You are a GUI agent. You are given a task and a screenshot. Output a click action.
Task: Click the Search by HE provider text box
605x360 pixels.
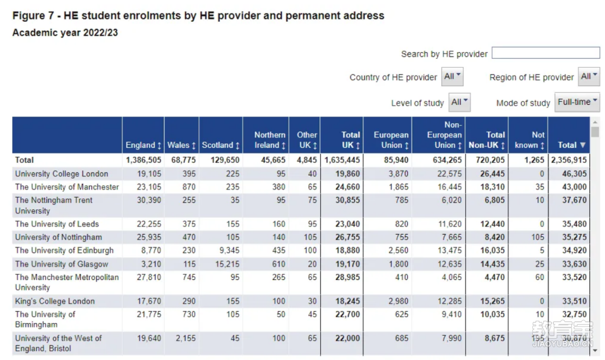coord(546,53)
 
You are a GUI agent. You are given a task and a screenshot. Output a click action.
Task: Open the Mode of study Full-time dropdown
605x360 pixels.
coord(577,102)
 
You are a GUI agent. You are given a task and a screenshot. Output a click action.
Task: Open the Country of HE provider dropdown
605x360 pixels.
coord(452,77)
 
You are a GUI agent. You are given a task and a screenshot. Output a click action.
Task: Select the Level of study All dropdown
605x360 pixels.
coord(459,102)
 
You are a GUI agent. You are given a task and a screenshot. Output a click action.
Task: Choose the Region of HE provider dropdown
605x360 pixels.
coord(589,77)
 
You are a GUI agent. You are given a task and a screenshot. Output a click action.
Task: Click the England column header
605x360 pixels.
coord(143,146)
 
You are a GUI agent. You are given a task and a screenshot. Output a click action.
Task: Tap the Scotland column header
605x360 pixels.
coord(221,146)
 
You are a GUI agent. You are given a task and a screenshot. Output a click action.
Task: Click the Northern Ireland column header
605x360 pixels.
coord(269,140)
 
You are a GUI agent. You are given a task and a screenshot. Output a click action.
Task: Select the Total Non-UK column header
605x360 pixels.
coord(487,140)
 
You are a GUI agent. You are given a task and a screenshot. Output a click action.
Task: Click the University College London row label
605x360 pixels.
coord(62,174)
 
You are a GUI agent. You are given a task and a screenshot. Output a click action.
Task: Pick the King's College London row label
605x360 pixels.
coord(55,301)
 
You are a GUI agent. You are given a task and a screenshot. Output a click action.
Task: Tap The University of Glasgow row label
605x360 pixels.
coord(62,264)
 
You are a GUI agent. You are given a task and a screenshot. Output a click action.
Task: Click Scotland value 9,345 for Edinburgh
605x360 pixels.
coord(229,250)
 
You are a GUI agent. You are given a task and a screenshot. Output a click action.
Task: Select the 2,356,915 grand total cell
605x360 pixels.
coord(569,160)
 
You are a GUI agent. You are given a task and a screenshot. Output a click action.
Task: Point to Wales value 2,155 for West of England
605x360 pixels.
coord(185,338)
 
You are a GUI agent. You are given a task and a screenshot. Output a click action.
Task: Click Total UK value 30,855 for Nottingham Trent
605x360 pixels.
coord(347,200)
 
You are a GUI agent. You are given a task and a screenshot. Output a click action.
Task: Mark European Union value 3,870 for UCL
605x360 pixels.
coord(398,174)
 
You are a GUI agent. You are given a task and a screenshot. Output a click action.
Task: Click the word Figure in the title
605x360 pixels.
coord(29,16)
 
